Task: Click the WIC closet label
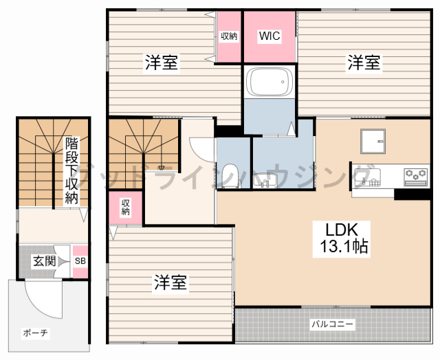[269, 37]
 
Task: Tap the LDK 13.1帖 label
[342, 238]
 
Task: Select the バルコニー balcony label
[332, 323]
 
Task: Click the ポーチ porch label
[35, 333]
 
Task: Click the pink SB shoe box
[80, 262]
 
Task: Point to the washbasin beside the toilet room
[269, 179]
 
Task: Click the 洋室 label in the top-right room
[364, 64]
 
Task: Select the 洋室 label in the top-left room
[162, 63]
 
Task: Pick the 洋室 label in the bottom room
[171, 282]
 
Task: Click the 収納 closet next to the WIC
[229, 36]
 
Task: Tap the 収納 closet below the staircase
[126, 207]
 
